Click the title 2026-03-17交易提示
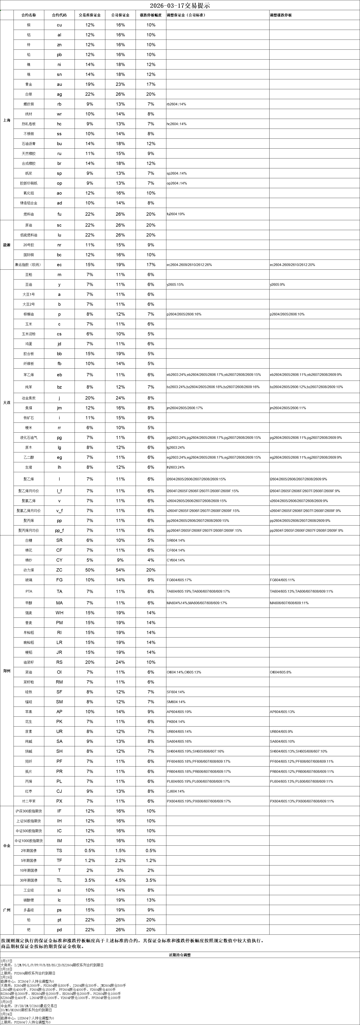click(180, 6)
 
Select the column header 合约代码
click(59, 15)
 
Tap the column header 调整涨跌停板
click(281, 15)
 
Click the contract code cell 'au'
click(59, 84)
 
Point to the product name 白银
click(29, 94)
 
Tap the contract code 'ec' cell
click(59, 265)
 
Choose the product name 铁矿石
click(29, 418)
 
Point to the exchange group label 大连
click(7, 403)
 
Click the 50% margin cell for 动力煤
click(90, 570)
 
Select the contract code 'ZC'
click(59, 570)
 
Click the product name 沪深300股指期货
click(29, 811)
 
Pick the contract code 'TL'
click(59, 880)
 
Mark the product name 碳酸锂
click(29, 900)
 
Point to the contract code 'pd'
click(59, 930)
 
